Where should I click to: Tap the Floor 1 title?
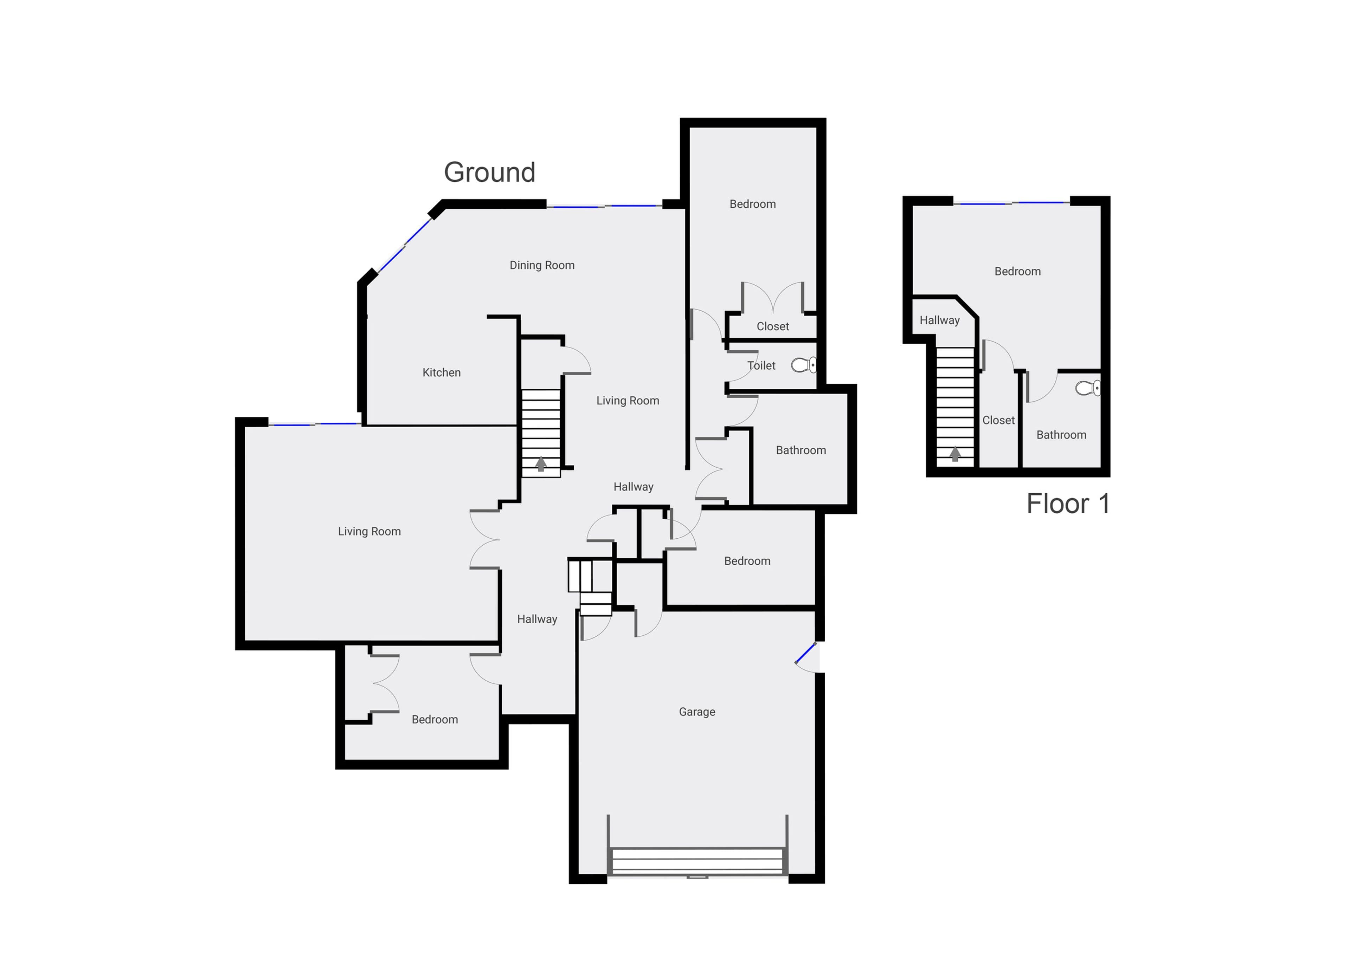point(1068,504)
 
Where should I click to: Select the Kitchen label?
point(442,373)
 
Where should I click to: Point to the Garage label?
point(697,712)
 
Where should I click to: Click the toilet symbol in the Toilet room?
point(804,365)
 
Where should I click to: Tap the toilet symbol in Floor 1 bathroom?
point(1088,388)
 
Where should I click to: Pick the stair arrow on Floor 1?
point(955,454)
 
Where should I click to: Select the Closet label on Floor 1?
point(998,420)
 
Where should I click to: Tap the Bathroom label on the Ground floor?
point(801,450)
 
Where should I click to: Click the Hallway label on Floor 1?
point(940,320)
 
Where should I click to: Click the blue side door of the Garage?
point(805,653)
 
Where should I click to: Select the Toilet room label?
point(761,365)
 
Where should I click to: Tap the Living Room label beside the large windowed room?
point(369,531)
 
